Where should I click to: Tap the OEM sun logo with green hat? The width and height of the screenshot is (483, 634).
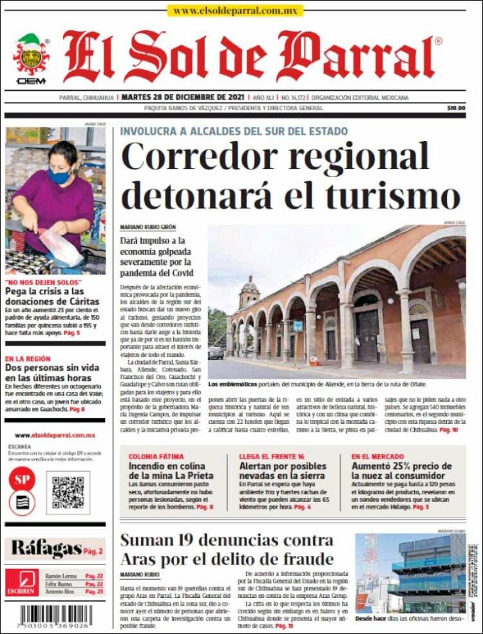click(30, 57)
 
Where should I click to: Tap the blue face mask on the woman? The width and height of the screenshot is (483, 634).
click(59, 175)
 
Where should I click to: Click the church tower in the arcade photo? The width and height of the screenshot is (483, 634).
click(249, 293)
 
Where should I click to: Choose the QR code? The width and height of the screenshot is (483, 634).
click(68, 493)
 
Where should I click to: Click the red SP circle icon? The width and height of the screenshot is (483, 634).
click(21, 479)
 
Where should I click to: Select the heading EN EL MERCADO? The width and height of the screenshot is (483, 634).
click(377, 457)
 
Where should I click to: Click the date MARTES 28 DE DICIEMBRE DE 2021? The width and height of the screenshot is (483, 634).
click(184, 97)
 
